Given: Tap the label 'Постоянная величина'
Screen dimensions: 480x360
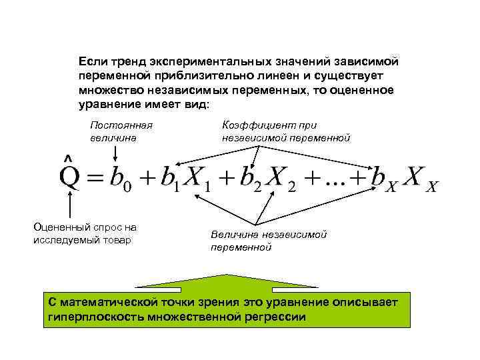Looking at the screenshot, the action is (121, 131).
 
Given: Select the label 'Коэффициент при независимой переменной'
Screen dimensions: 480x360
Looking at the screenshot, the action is (285, 131).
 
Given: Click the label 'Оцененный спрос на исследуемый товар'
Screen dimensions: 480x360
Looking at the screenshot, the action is (85, 233).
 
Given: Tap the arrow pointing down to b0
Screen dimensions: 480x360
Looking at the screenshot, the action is (116, 153).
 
